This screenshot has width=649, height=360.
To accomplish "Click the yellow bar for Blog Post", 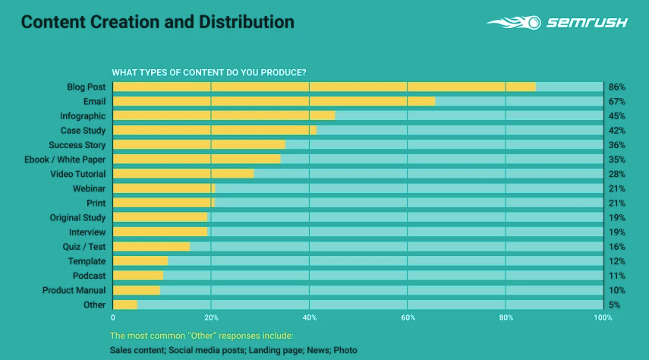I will (324, 87).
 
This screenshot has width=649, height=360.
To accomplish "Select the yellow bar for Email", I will (274, 101).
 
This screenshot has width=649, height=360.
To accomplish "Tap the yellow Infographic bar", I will (224, 115).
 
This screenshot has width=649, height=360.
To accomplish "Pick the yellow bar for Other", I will (125, 305).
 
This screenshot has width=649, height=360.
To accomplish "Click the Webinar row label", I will (89, 188).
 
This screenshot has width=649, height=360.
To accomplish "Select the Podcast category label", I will (89, 276).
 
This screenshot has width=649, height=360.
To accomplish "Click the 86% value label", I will (616, 87).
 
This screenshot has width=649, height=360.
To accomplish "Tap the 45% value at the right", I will (616, 116).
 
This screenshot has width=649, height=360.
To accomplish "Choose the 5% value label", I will (614, 305).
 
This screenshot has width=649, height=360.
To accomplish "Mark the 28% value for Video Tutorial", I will (616, 175).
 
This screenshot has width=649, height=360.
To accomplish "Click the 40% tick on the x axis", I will (309, 317).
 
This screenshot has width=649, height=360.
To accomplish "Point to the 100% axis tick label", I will (602, 317).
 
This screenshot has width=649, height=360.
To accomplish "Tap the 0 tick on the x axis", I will (113, 317).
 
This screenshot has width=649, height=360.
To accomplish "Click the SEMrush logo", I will (557, 23).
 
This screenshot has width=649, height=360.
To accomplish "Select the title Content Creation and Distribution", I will (157, 22).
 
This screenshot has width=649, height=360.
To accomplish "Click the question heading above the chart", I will (209, 73).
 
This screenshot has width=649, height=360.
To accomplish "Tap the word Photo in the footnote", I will (345, 350).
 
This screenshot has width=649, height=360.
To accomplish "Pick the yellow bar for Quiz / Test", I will (151, 247).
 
